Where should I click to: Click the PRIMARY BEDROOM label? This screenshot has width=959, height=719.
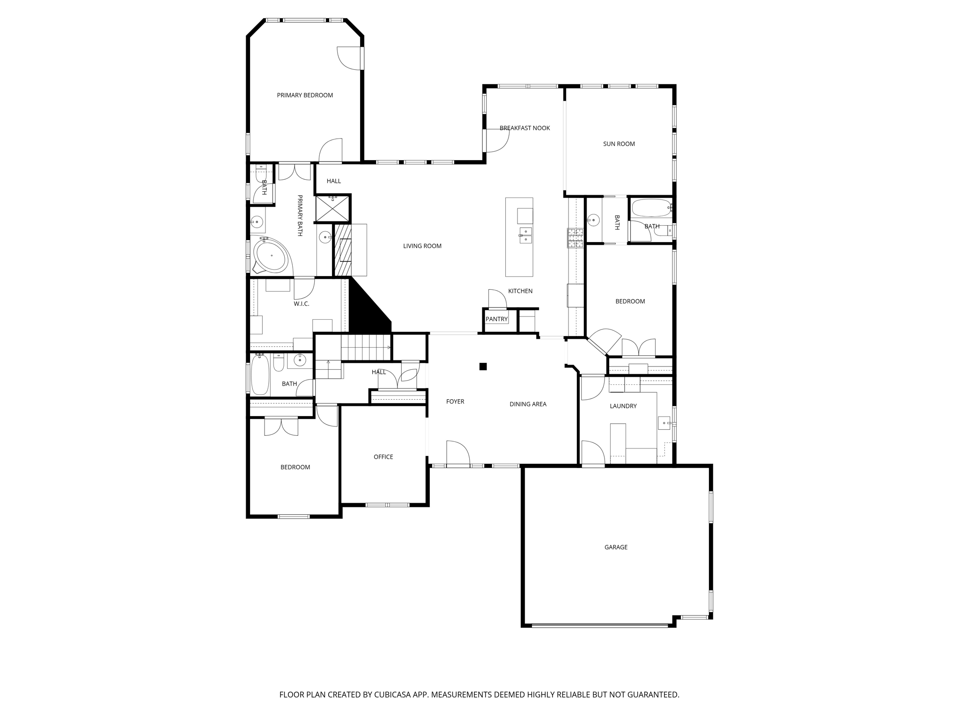[305, 95]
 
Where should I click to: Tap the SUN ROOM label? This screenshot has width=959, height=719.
[619, 144]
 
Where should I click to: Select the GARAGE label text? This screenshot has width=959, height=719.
[615, 547]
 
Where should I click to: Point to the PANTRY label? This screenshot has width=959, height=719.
[496, 319]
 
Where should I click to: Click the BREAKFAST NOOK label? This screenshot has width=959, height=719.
[524, 128]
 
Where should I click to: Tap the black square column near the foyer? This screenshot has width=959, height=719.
[483, 367]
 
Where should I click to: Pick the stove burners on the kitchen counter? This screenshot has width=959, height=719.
[575, 238]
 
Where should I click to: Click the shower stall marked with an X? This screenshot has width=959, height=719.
[332, 209]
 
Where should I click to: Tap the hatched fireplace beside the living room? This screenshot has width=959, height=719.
[343, 250]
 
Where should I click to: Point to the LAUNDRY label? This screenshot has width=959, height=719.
[623, 406]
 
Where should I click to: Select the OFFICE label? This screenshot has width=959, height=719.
[383, 457]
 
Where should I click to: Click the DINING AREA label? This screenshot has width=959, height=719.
[528, 404]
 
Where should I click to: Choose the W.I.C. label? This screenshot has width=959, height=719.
[301, 304]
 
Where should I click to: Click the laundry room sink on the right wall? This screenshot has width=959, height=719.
[665, 423]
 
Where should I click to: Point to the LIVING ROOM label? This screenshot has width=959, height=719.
[422, 246]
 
